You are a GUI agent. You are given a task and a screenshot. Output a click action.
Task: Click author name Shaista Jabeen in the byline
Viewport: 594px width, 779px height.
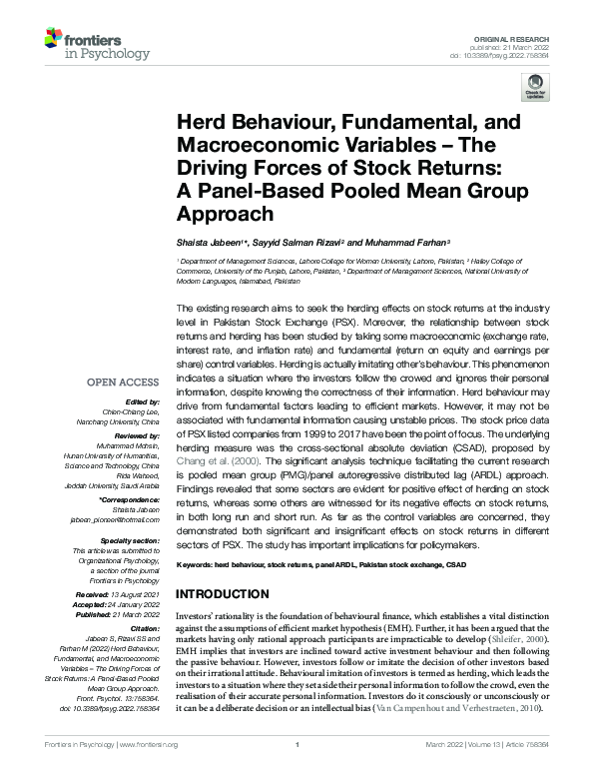pyautogui.click(x=208, y=243)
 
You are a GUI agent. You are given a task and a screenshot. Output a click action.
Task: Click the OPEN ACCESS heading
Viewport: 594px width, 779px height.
pyautogui.click(x=123, y=383)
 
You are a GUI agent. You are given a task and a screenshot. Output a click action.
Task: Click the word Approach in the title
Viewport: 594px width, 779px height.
pyautogui.click(x=223, y=214)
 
